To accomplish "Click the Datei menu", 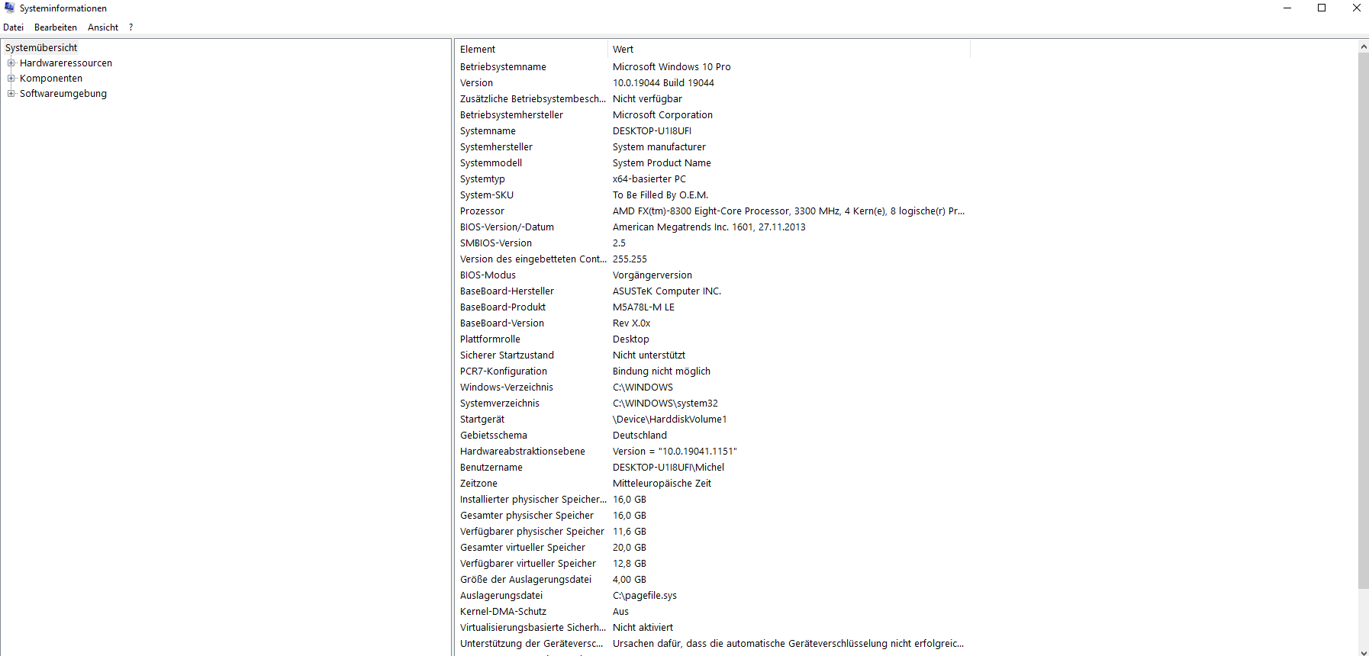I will point(13,27).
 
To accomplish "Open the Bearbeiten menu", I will point(56,27).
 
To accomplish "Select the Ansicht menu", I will point(103,27).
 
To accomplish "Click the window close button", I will point(1356,8).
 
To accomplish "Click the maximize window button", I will point(1322,8).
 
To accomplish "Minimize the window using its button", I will point(1287,8).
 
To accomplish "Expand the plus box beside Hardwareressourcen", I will point(11,63).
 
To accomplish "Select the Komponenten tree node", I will point(51,79).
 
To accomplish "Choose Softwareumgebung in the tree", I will point(63,94).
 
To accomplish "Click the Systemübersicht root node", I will point(41,48).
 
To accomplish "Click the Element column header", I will point(478,50).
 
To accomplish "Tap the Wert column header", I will point(623,50).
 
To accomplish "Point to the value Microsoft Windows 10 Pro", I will point(672,67).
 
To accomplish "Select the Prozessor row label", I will point(482,211).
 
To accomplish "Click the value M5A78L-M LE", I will point(643,307).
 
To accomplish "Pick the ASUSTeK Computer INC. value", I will point(667,291).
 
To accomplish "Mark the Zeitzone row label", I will point(478,484).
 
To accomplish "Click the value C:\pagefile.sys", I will point(645,596).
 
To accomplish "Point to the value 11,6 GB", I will point(630,532).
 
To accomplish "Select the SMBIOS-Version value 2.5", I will point(619,243).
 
